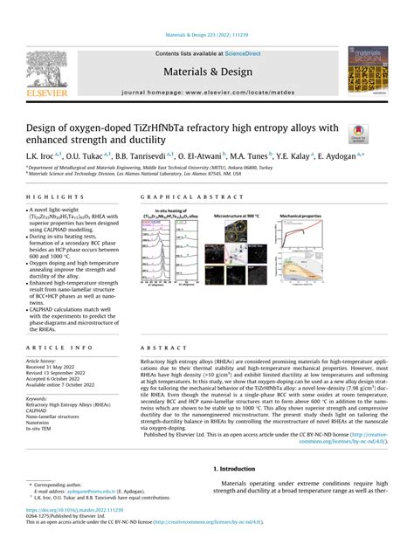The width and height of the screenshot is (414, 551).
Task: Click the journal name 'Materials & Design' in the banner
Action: click(x=206, y=71)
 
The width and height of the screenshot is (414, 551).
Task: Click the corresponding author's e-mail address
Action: click(x=87, y=492)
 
